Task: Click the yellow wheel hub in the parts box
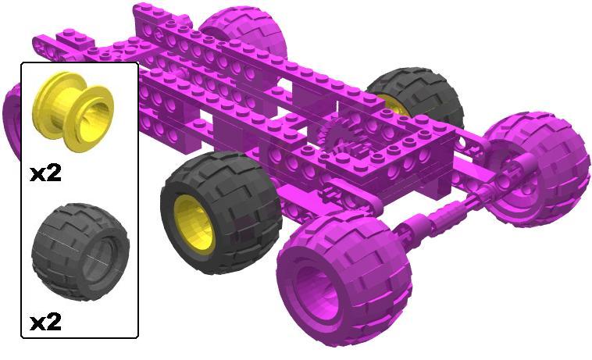(73, 111)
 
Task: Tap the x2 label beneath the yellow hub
(45, 173)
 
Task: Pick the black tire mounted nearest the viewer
(221, 212)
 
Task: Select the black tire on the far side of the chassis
(419, 99)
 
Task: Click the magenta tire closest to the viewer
(344, 280)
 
